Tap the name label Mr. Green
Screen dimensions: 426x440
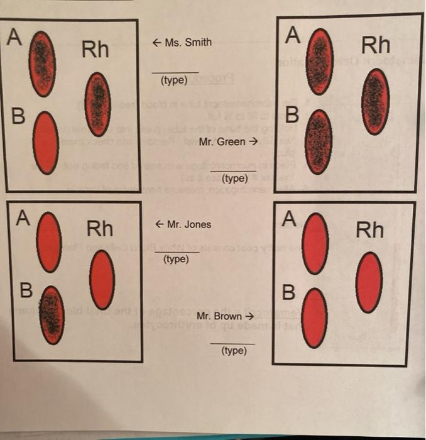224,141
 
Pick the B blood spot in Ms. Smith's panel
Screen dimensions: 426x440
45,143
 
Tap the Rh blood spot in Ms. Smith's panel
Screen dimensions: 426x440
97,104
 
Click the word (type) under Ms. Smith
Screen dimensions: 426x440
175,81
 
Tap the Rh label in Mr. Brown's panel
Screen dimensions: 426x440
369,229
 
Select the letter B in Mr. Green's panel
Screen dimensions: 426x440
291,116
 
